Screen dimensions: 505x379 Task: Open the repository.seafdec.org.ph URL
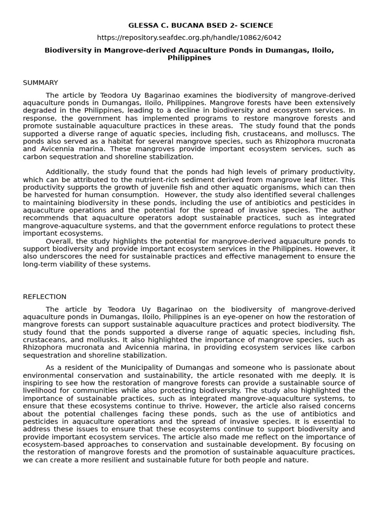[189, 37]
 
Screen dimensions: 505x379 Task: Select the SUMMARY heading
[40, 82]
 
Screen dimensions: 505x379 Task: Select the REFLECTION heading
[44, 296]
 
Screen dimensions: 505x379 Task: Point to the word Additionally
[67, 172]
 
